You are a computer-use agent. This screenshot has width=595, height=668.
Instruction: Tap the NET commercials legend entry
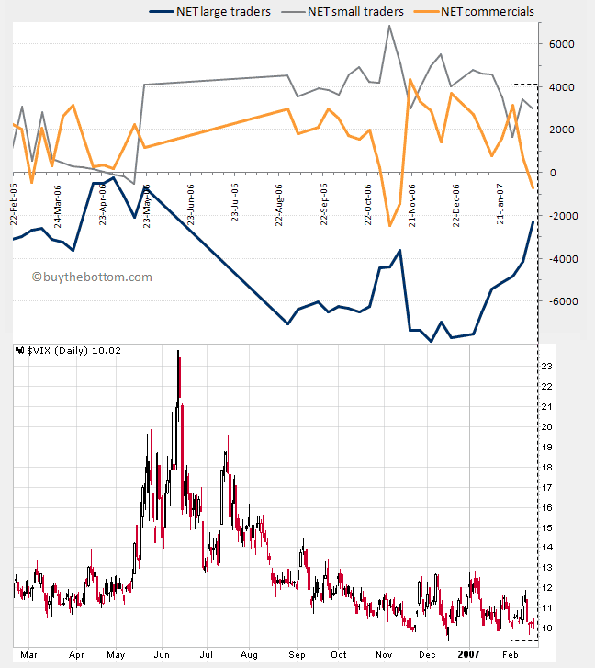coord(490,11)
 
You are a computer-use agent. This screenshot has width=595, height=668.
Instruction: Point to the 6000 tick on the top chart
coord(562,44)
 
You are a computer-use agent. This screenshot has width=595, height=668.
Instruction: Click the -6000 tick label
coord(560,301)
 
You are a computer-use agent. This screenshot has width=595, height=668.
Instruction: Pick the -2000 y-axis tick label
coord(560,216)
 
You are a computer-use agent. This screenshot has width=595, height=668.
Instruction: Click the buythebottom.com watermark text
coord(92,277)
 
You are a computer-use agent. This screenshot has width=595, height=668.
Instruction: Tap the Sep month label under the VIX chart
coord(297,654)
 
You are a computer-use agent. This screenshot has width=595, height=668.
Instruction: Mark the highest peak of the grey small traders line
coord(390,25)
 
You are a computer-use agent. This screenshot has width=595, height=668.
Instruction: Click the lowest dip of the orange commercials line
coord(389,225)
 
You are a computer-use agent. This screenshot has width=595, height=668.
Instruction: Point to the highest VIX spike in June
coord(177,352)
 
